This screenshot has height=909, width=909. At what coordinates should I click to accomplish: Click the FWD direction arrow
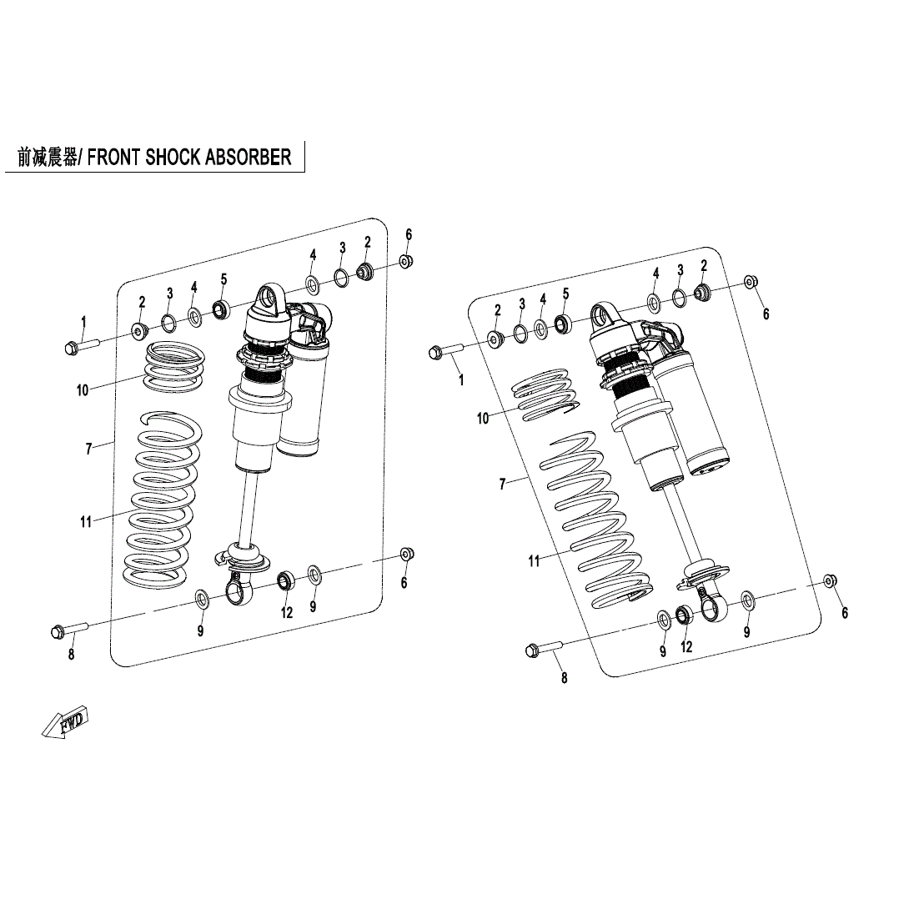[65, 722]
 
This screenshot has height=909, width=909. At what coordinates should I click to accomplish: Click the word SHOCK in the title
[173, 157]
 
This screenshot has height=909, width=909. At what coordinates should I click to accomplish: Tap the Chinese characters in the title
[47, 157]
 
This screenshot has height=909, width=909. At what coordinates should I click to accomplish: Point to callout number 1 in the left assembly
[83, 321]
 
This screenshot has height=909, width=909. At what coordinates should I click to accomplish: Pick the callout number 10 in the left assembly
[83, 389]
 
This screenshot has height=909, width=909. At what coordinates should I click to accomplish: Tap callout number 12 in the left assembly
[287, 613]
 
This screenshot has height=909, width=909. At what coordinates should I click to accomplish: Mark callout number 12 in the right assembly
[686, 646]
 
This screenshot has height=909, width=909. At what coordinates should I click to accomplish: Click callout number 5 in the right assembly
[565, 294]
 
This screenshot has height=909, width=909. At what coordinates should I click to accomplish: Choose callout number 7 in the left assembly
[88, 449]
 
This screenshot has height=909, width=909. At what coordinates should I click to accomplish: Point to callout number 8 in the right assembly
[564, 678]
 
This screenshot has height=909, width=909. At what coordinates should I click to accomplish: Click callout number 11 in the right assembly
[534, 561]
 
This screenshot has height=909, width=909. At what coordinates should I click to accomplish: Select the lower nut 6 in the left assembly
[406, 555]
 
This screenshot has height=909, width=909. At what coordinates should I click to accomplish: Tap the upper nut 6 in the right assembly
[749, 282]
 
